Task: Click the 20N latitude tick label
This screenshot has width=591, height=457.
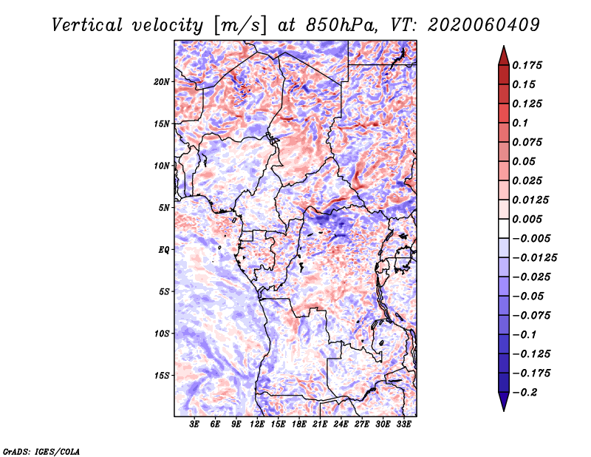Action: coord(162,82)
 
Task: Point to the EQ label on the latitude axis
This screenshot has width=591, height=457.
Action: coord(163,250)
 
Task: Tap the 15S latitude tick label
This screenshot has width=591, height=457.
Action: coord(162,376)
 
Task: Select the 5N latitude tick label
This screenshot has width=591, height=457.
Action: coord(164,208)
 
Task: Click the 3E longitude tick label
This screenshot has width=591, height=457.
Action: coord(194,424)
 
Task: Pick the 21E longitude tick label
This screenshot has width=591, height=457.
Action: coord(320,424)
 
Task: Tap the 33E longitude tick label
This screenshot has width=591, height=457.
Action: coord(403,424)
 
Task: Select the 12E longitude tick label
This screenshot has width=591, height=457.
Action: coord(257,424)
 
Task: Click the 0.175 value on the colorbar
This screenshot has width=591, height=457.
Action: coord(527,65)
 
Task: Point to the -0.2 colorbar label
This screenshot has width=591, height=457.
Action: coord(525,393)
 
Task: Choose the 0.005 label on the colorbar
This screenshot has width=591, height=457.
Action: coord(527,219)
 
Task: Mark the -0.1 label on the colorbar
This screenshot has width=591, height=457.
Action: coord(525,335)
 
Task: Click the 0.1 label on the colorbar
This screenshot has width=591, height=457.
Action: coord(520,123)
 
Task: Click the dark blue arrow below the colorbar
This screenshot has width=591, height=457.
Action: coord(504,402)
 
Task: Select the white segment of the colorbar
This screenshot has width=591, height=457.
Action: coord(504,228)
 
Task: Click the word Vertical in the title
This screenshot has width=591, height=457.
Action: coord(87,25)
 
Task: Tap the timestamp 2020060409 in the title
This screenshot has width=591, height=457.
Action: coord(484,25)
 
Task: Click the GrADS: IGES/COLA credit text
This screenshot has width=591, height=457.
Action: coord(41,451)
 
